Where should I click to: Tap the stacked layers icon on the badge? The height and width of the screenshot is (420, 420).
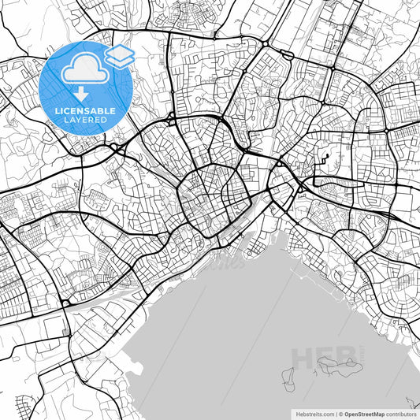pos(119,55)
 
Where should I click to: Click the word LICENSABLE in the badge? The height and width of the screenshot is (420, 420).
pos(85,112)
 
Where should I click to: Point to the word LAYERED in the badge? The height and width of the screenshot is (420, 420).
pos(85,121)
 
